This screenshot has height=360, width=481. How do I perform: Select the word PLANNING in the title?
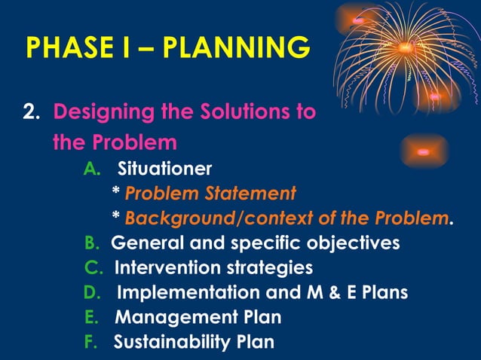(x=237, y=47)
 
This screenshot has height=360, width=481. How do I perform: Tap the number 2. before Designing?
(x=32, y=113)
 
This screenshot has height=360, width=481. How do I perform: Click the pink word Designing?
(x=102, y=113)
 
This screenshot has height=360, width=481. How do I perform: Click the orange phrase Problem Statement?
(x=210, y=194)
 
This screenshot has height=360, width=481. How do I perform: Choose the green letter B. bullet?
(x=92, y=243)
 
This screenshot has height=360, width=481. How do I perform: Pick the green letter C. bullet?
(x=92, y=267)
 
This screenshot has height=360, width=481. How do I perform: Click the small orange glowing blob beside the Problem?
(x=423, y=151)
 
